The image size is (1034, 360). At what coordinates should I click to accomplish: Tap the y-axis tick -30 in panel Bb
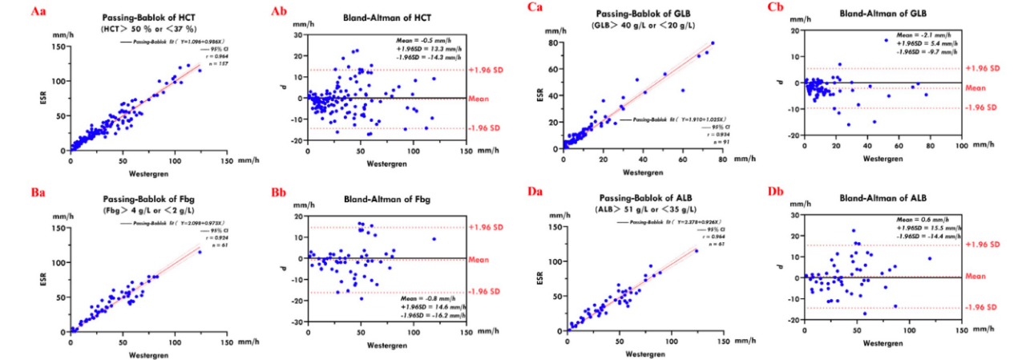point(298,322)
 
